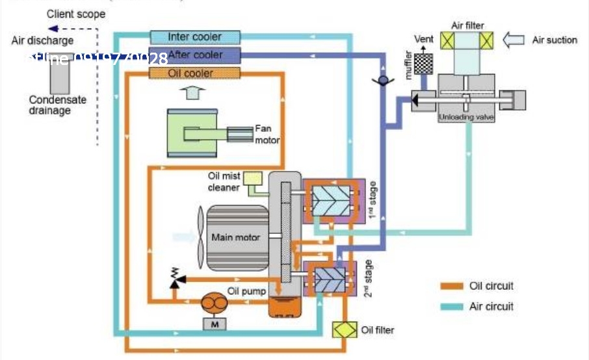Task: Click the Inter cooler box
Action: pos(194,37)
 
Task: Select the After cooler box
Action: pos(194,55)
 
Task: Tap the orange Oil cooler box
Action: pos(190,73)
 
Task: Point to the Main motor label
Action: pos(235,237)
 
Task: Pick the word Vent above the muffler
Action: pos(424,39)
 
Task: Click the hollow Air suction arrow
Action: pos(515,40)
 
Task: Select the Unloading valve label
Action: pos(467,118)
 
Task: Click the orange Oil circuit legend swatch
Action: pos(449,287)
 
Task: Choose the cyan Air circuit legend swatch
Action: pos(449,306)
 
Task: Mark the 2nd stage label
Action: pos(369,278)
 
